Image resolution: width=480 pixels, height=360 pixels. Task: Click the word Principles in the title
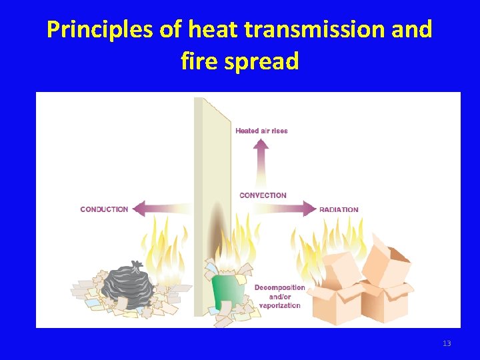point(99,30)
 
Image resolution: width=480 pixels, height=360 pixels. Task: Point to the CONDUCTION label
point(104,209)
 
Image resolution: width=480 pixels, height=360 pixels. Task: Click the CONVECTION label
point(263,195)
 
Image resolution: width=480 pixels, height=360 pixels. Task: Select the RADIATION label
point(339,209)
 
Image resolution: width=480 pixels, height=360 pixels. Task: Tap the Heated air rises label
point(261,131)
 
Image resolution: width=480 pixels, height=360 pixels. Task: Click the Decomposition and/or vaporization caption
point(279,297)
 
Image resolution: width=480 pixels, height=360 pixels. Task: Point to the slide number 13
point(447,343)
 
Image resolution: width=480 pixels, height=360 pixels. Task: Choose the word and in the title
point(411,30)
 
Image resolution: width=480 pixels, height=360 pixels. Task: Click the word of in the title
point(170,30)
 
